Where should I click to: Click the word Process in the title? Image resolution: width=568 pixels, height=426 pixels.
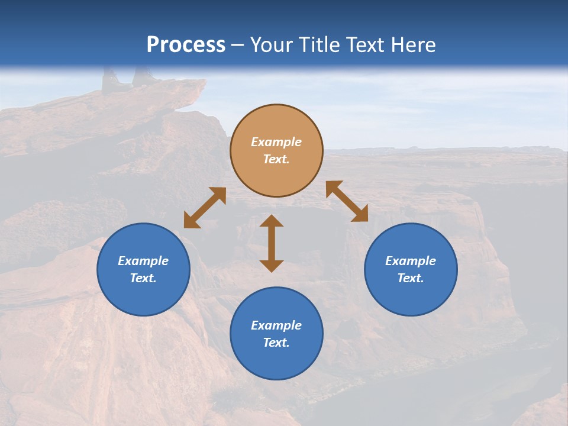186,45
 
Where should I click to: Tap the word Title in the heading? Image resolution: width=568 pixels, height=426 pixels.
319,45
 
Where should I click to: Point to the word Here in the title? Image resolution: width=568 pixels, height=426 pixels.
412,45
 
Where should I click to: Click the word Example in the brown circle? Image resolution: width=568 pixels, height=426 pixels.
276,142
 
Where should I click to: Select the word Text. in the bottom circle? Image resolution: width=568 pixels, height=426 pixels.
276,343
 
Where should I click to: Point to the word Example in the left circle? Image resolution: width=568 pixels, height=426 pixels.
143,261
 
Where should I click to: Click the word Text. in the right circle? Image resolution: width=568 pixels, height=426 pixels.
411,278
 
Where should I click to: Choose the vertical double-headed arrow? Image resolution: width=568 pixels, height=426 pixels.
272,243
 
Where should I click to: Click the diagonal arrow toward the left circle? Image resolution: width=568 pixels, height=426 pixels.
205,208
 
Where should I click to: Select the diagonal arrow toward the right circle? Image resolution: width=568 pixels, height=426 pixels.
347,201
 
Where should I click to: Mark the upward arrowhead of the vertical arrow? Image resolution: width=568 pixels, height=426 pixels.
272,221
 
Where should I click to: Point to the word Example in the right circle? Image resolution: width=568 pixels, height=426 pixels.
411,261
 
